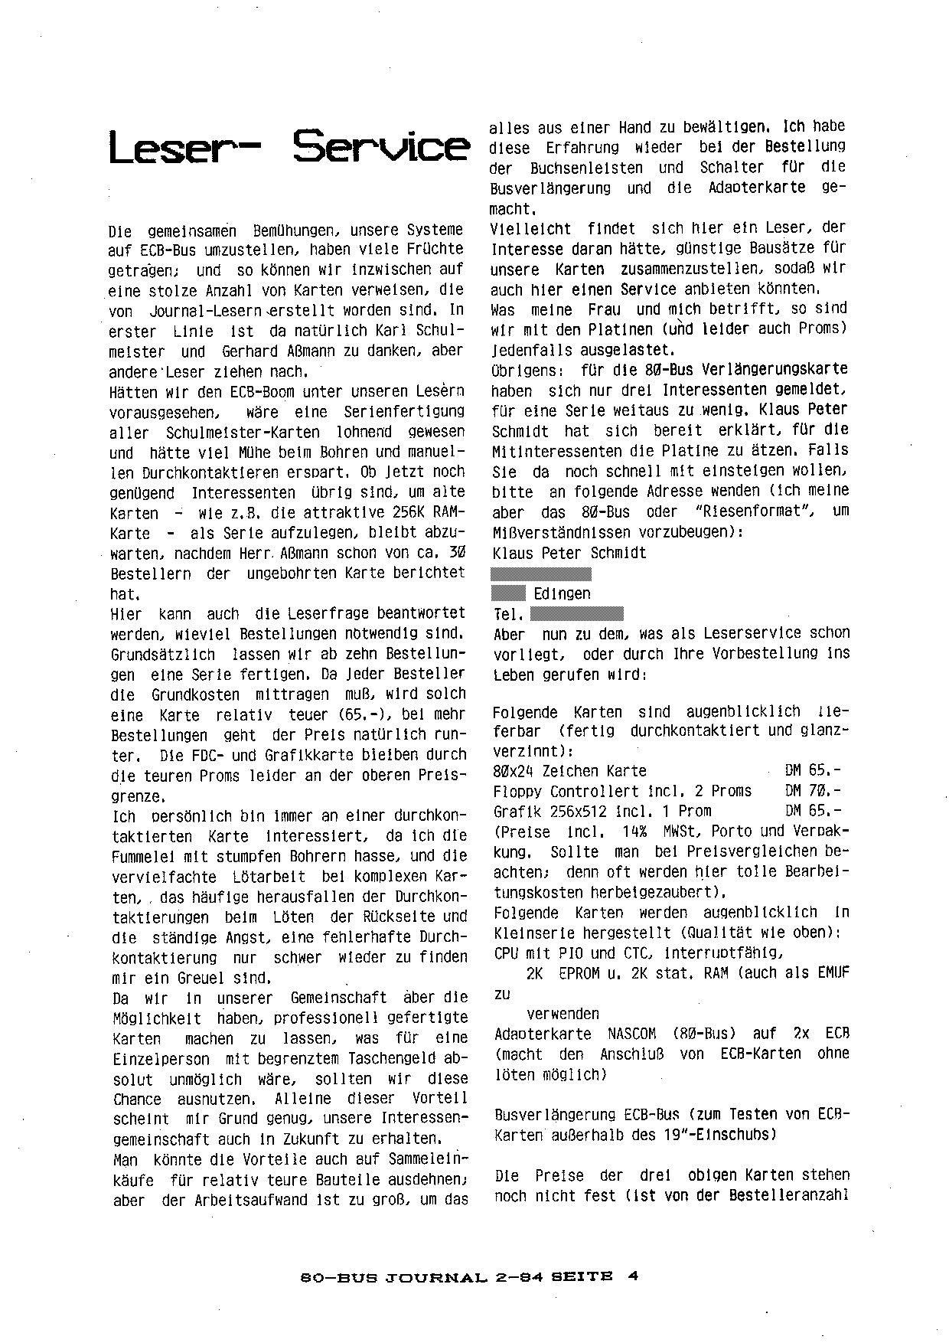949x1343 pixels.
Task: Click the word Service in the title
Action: click(380, 149)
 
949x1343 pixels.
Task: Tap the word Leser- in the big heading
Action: click(184, 149)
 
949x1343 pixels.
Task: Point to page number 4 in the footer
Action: click(633, 1276)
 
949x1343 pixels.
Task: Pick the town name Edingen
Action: click(562, 593)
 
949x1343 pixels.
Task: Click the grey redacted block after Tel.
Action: click(576, 613)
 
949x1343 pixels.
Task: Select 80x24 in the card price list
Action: click(513, 771)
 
